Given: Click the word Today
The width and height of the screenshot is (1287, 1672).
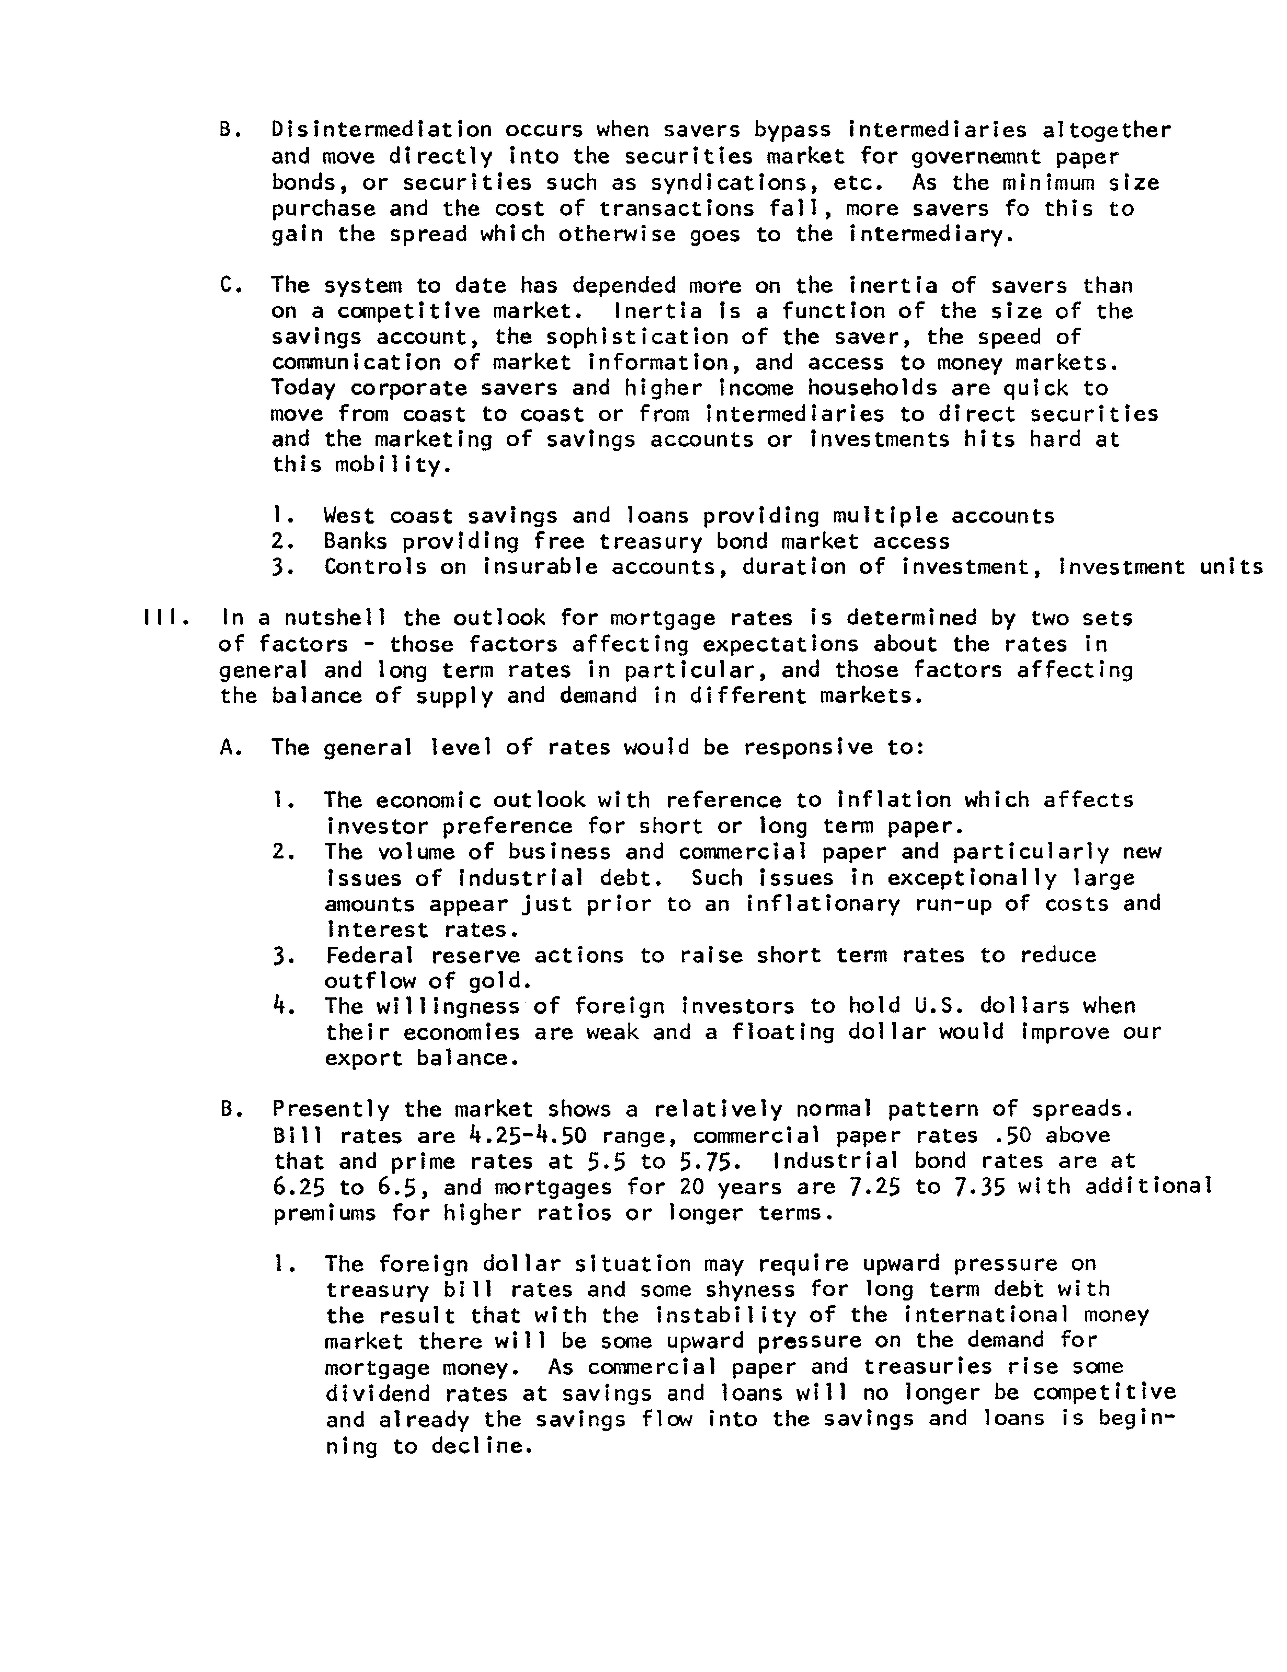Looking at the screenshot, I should point(303,388).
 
